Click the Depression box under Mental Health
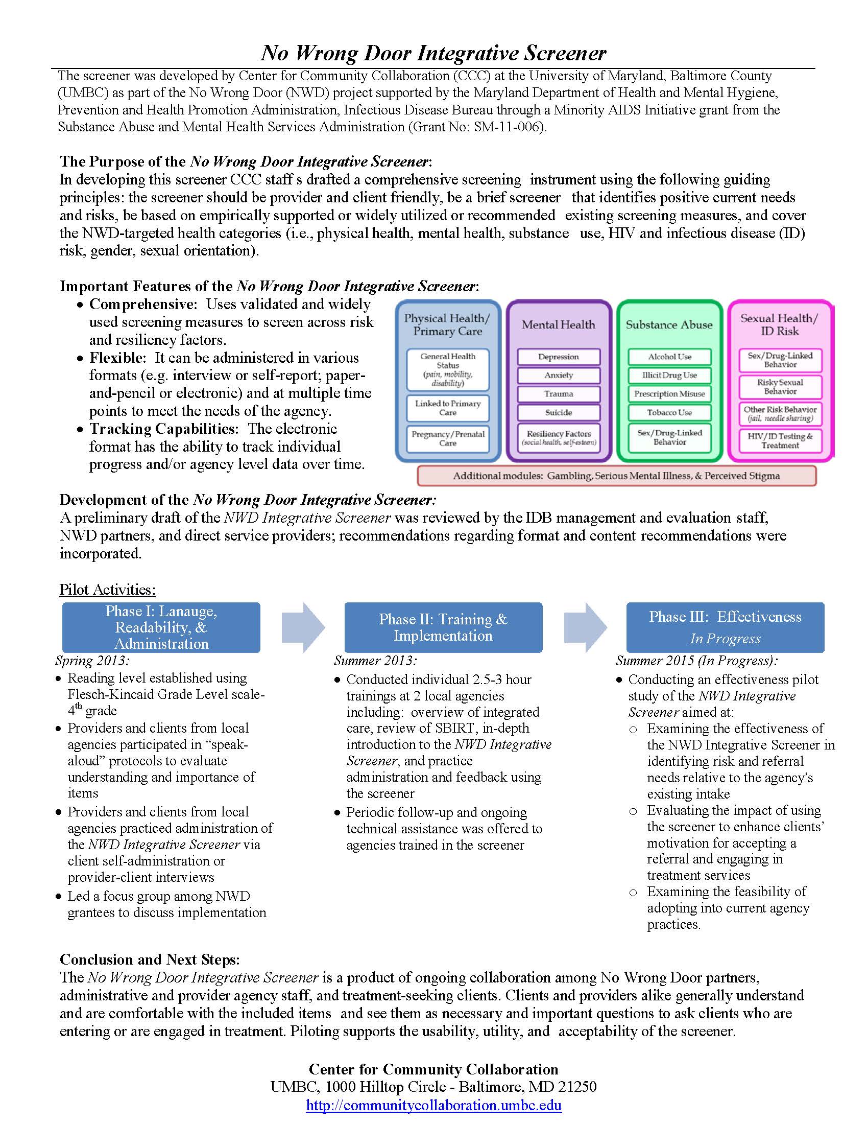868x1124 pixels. coord(559,357)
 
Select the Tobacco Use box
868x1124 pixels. coord(669,412)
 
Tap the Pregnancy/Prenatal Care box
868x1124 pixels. coord(447,438)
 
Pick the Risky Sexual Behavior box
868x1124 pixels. coord(780,387)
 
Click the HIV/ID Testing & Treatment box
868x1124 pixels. coord(780,440)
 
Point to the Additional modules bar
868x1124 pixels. coord(616,476)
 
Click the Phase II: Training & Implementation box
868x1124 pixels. coord(443,627)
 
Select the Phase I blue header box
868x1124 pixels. coord(161,627)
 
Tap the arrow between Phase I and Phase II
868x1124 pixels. coord(303,627)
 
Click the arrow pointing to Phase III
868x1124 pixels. coord(585,627)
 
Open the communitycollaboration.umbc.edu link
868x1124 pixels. coord(433,1105)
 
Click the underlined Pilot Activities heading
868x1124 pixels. coord(107,589)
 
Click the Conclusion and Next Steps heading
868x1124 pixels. coord(150,959)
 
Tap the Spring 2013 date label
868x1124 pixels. coord(92,660)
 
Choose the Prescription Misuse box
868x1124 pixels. coord(669,394)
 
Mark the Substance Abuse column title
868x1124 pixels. coord(669,325)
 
